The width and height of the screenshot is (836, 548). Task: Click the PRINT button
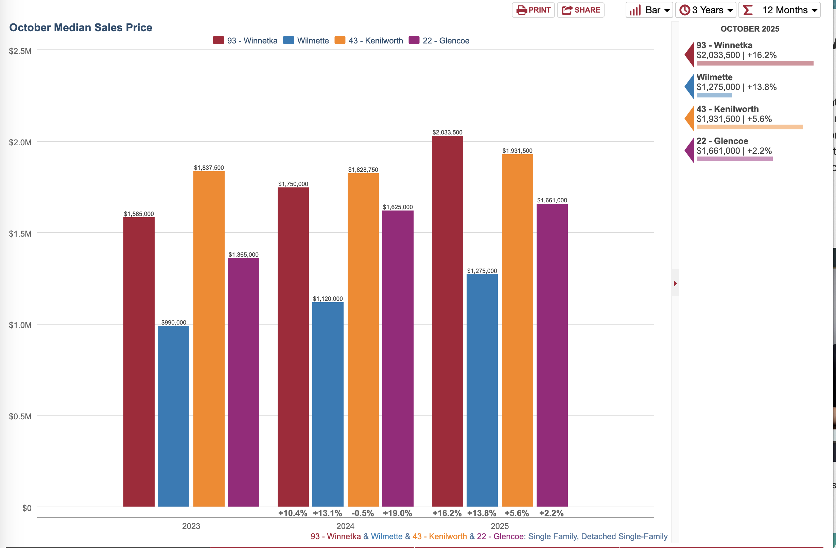(533, 10)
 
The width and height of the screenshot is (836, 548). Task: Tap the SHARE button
(581, 10)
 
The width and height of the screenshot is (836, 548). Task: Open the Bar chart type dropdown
(649, 10)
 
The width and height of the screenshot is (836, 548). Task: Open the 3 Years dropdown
(706, 10)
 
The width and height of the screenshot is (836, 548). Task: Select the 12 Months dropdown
(780, 10)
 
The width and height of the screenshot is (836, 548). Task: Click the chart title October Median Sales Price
(81, 28)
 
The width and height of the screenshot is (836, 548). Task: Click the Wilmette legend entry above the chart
(306, 40)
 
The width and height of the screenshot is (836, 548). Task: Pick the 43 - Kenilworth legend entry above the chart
(369, 40)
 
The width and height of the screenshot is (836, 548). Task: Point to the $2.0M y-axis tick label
(20, 143)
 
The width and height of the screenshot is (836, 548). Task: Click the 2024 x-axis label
(345, 526)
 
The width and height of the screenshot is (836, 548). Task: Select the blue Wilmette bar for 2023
(174, 416)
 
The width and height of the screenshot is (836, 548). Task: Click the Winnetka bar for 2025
(448, 321)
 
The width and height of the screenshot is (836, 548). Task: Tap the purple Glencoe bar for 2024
(398, 359)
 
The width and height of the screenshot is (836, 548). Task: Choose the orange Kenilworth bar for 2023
(209, 339)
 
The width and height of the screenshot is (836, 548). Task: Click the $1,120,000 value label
(328, 298)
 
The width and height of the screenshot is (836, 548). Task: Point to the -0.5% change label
(363, 513)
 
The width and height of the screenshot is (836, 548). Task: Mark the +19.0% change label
(397, 513)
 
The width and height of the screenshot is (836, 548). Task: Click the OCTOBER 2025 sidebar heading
(750, 29)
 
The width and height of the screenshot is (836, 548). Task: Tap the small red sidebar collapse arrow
(675, 283)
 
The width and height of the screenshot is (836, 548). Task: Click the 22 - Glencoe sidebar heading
(722, 141)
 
